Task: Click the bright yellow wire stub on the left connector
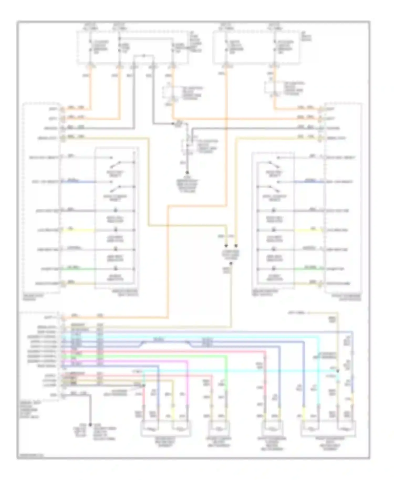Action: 79,230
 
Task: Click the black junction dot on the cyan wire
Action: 338,371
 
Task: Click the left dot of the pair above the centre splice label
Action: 226,246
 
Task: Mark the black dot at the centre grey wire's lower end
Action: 187,173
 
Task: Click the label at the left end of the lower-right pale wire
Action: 298,312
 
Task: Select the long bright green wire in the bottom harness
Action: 158,356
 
